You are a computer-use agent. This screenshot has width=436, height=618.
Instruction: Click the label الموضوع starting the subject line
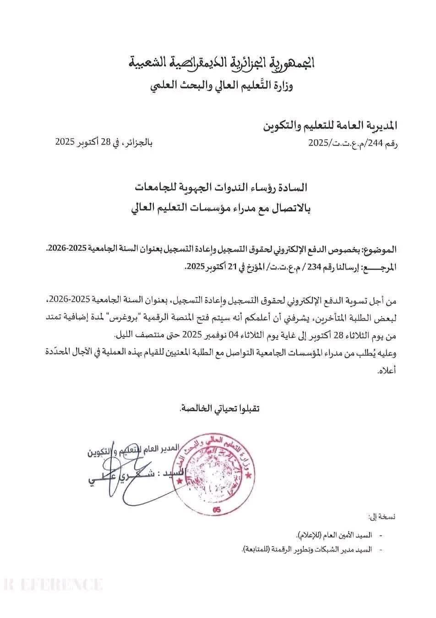tap(381, 250)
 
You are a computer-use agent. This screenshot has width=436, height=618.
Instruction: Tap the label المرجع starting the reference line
tap(380, 267)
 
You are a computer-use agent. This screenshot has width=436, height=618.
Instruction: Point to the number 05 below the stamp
tap(217, 510)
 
